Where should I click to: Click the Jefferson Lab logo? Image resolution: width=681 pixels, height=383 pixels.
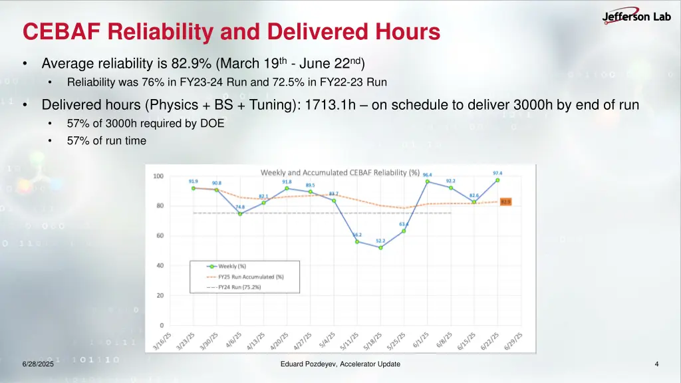coord(636,17)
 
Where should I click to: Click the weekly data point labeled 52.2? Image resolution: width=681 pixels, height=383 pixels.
coord(380,247)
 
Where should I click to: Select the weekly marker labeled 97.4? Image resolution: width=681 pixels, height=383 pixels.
coord(497,180)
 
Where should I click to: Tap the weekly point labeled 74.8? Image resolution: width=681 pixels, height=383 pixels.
coord(240,213)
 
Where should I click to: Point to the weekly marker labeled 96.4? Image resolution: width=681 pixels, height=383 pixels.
coord(427,182)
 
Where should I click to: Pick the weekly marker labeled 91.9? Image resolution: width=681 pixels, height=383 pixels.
coord(194,188)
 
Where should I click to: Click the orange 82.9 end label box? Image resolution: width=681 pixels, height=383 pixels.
coord(505,201)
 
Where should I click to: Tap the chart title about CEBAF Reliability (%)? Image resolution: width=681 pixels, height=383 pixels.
coord(340,173)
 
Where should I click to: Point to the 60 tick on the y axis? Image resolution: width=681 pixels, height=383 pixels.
coord(159,236)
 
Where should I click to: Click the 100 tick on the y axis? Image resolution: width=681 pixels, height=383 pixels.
coord(158,176)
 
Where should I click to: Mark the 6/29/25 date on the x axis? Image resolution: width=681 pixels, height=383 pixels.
coord(514,340)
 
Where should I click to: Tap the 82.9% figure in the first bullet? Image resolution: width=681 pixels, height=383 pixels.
coord(191,64)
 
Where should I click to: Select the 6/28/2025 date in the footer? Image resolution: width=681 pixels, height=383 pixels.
coord(37,364)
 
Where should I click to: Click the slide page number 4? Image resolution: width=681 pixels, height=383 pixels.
coord(656,364)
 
